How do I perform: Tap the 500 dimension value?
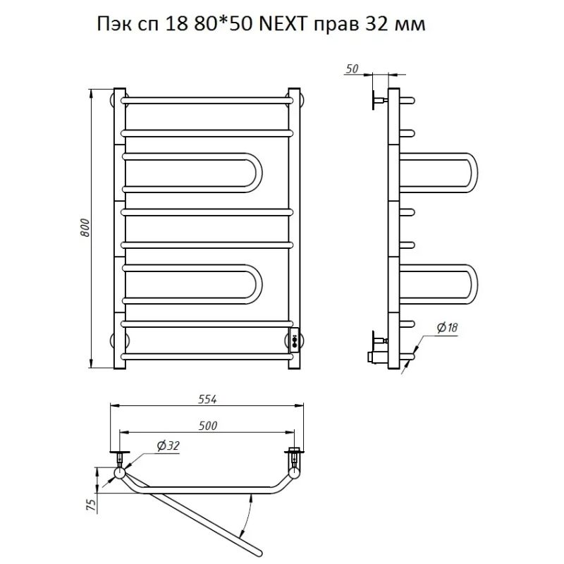(207, 425)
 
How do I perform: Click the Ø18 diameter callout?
(446, 327)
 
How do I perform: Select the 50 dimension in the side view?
(354, 68)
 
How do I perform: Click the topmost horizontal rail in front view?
(208, 99)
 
